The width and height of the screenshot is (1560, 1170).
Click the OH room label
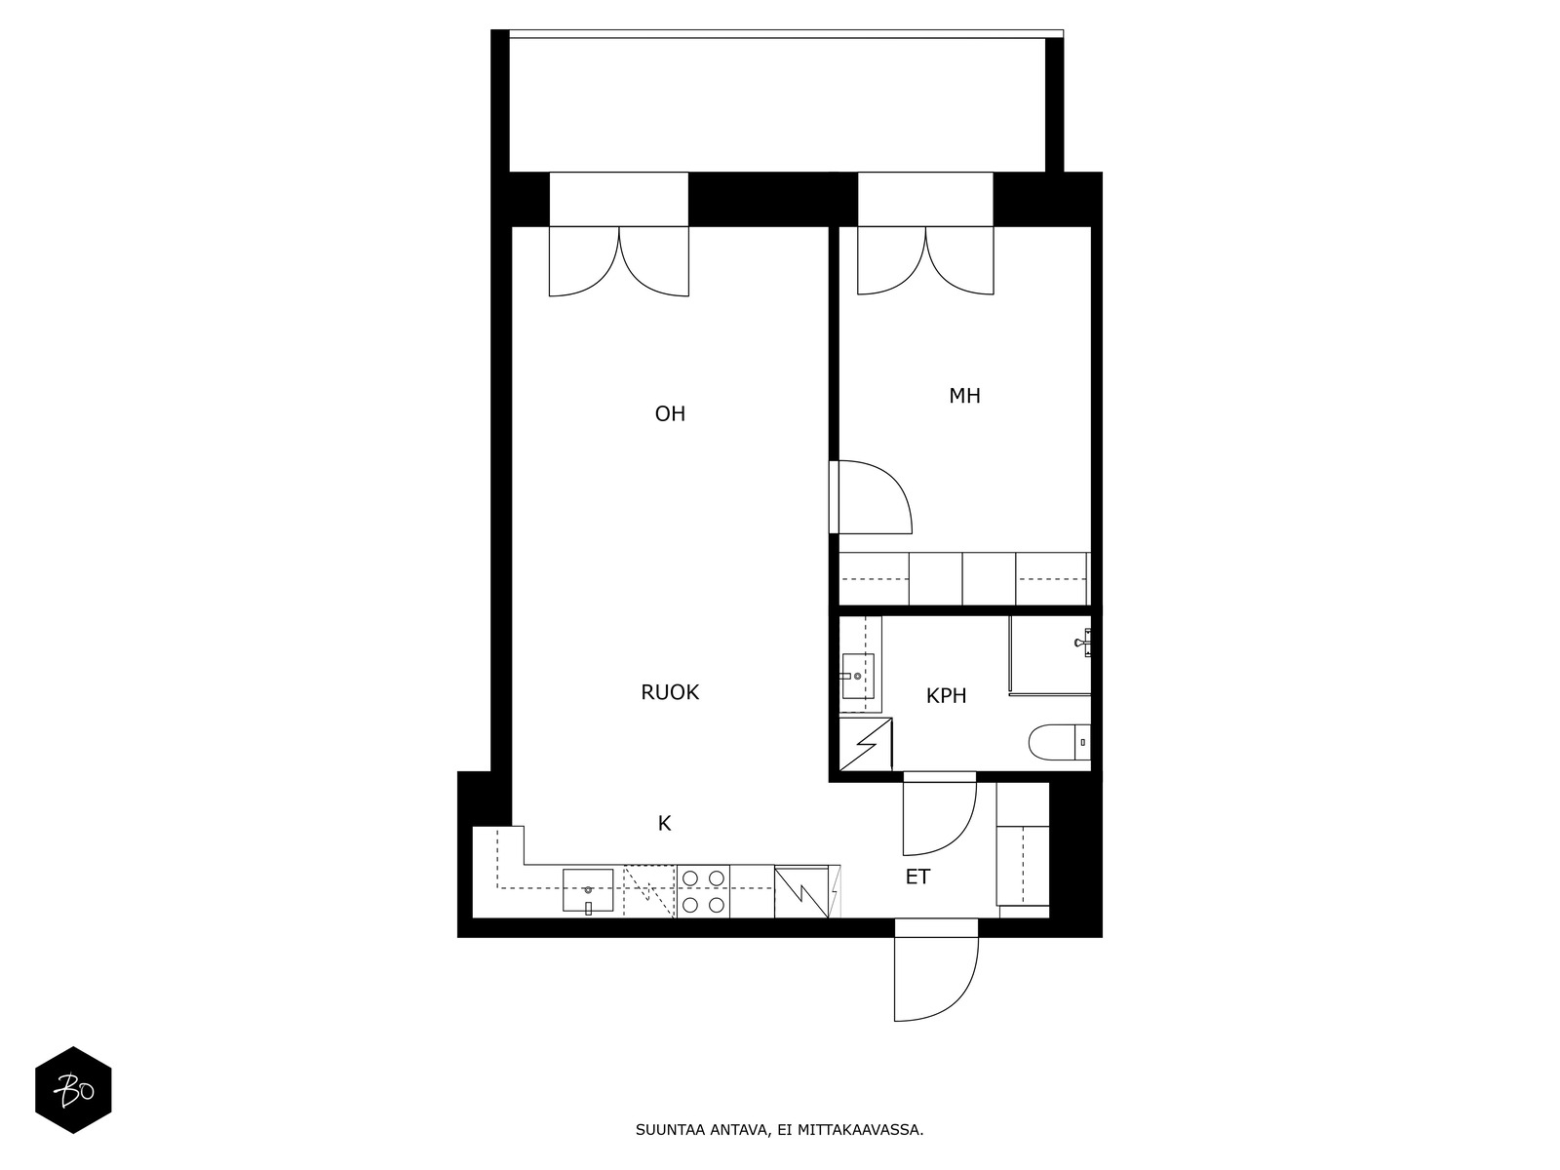coord(670,413)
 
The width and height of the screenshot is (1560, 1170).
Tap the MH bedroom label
coord(964,396)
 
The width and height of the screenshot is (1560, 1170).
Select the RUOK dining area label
coord(670,692)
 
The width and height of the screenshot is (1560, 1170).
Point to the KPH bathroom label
coord(946,695)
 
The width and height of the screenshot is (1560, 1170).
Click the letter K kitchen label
coord(665,823)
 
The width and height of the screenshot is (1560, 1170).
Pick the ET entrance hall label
coord(917,877)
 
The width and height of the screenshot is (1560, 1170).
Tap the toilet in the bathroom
coord(1059,742)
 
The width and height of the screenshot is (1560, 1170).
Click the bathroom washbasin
coord(857,676)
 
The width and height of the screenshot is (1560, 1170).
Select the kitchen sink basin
coord(588,889)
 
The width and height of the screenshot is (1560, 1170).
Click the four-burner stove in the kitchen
coord(704,891)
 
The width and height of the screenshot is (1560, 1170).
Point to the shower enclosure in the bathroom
coord(1050,655)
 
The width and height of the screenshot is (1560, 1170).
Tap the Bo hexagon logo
coord(73,1090)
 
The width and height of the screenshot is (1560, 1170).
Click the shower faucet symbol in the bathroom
coord(1083,643)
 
